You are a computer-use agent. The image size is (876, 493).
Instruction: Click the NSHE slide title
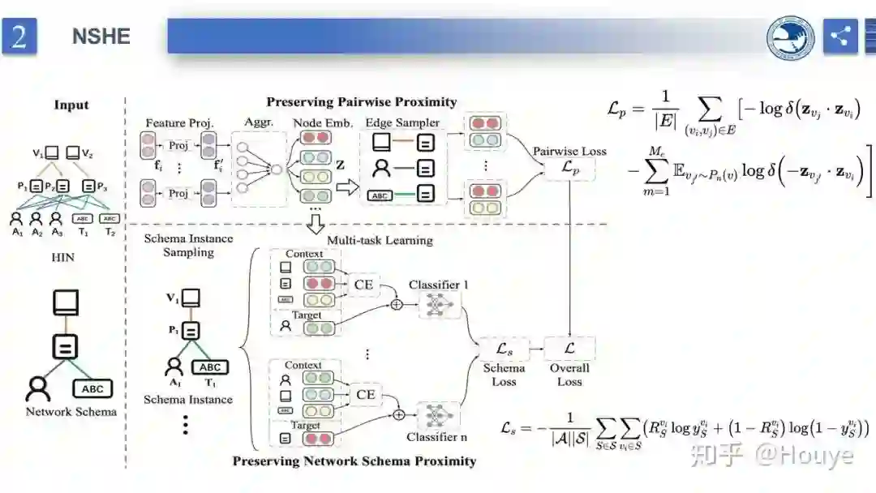(101, 36)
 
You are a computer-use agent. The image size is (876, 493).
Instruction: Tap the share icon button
(840, 36)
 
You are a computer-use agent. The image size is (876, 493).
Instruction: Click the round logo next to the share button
(791, 36)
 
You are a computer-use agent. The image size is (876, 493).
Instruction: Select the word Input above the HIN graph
(71, 105)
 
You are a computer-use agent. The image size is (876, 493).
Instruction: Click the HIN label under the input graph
(62, 257)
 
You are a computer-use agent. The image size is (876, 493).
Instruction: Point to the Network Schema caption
(71, 411)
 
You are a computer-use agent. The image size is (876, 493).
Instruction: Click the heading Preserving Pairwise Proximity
(362, 102)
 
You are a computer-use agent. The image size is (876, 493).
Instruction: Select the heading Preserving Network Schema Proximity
(354, 461)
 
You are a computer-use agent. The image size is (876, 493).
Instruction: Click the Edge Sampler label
(402, 122)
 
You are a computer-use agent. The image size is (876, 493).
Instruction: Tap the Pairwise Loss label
(569, 151)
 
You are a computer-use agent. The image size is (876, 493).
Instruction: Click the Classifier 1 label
(439, 285)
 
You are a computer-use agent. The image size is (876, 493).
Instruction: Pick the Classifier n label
(437, 437)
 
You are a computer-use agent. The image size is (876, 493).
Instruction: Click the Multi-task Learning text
(380, 240)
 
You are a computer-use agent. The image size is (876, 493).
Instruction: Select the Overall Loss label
(569, 375)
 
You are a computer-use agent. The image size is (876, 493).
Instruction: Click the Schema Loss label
(504, 375)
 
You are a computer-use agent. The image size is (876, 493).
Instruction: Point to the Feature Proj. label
(178, 122)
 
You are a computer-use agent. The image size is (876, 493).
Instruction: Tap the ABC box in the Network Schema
(92, 388)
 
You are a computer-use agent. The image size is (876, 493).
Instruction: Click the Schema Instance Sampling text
(188, 245)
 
